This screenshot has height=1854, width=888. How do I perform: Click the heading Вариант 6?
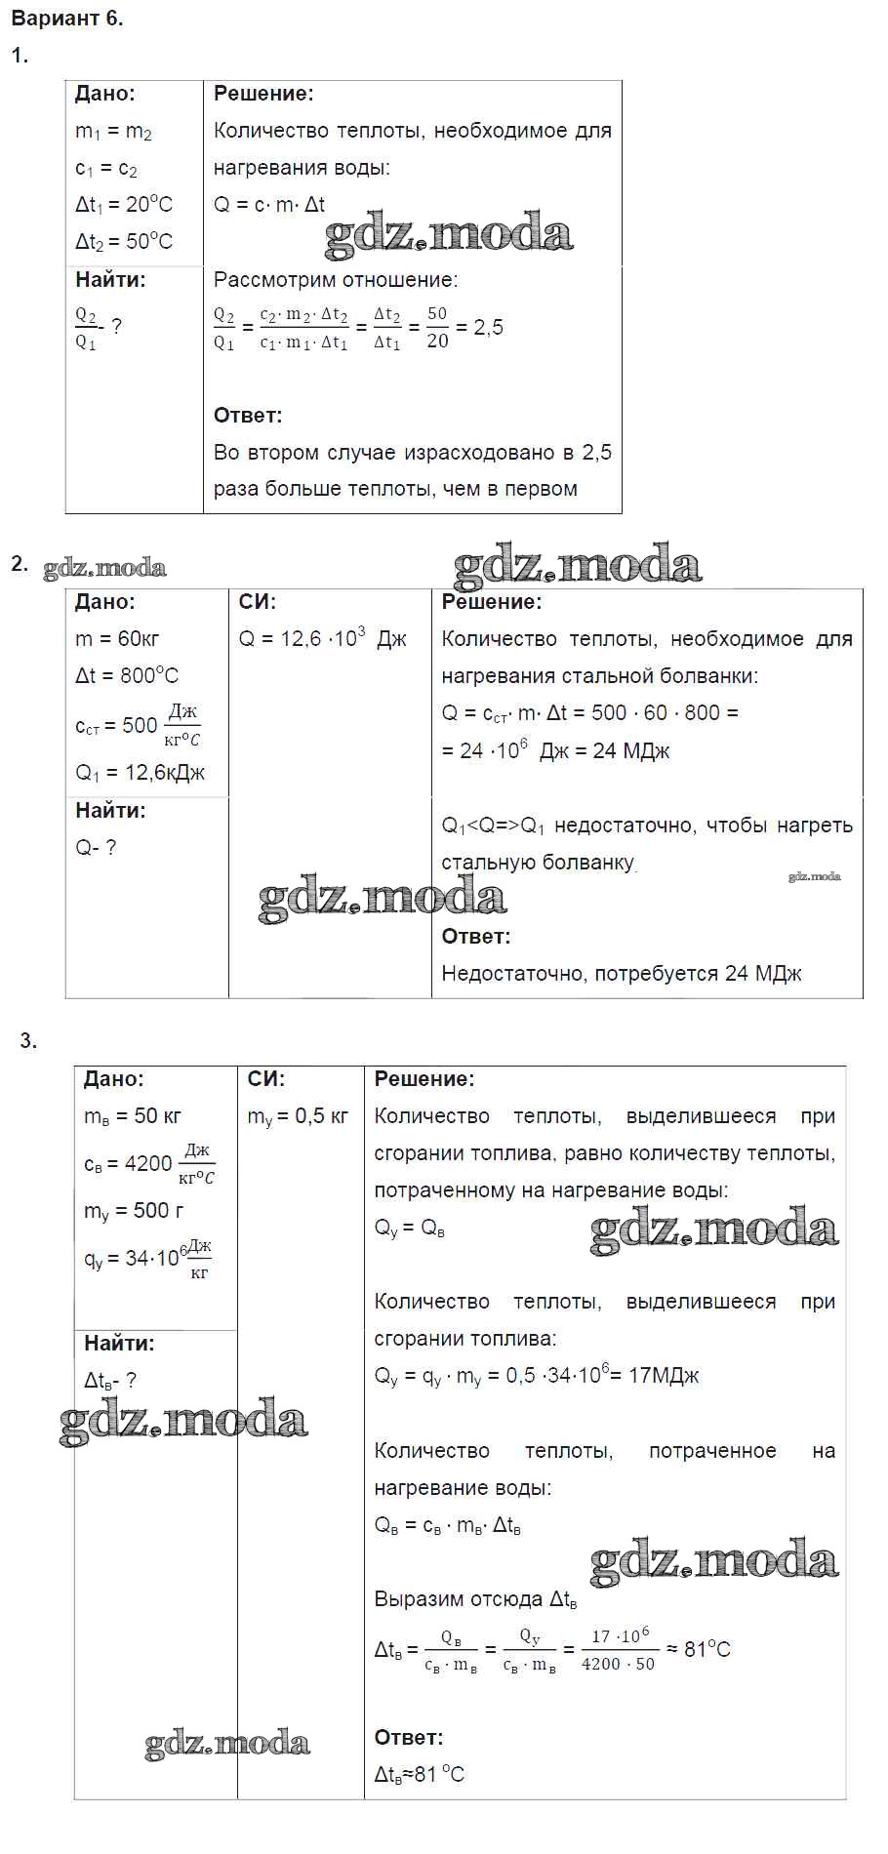point(66,19)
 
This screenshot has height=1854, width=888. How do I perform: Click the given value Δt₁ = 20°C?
point(124,204)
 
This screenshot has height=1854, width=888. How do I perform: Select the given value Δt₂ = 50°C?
point(124,241)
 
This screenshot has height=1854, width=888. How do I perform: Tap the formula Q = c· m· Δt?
point(269,204)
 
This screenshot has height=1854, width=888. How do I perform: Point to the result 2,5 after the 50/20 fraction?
point(488,328)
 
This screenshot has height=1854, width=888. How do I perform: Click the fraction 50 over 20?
point(437,328)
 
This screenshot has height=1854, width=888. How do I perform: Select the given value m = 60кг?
point(117,639)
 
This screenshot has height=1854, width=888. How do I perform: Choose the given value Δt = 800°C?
point(127,675)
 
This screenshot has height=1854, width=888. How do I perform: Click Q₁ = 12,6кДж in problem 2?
point(141,773)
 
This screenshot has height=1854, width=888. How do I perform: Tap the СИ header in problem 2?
point(258,602)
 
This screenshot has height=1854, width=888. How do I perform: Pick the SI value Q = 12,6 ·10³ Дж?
point(322,639)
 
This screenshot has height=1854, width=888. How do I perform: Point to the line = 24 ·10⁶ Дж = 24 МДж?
point(555,750)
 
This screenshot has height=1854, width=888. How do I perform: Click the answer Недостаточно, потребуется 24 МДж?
point(622,973)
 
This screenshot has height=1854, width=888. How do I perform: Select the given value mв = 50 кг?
point(133,1116)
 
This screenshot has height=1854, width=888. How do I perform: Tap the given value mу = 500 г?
point(134,1211)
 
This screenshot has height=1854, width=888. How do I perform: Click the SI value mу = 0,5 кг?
point(298,1116)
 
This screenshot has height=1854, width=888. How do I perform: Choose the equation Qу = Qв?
point(410,1229)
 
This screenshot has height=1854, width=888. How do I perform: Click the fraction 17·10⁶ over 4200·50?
point(619,1650)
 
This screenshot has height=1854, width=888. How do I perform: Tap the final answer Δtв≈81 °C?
point(420,1774)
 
